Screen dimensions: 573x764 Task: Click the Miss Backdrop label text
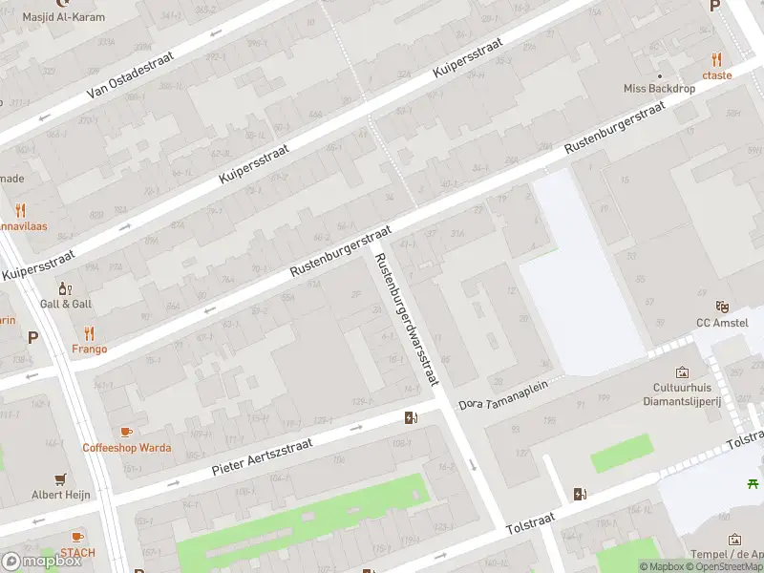point(659,88)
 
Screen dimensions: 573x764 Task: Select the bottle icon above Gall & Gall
point(65,287)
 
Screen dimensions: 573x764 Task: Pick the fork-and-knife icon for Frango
point(89,333)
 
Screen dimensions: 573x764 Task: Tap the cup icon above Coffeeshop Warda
point(126,432)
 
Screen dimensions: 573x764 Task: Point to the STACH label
point(77,552)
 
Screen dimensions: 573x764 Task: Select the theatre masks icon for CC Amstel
point(722,307)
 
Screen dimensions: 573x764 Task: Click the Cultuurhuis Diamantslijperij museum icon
point(682,372)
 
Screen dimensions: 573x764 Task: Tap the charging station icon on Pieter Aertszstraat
point(411,417)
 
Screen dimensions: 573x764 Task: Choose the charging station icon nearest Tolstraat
point(579,494)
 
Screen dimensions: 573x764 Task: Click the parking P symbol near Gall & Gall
point(33,337)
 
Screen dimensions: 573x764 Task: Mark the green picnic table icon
point(753,484)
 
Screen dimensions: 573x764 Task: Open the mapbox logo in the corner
point(42,562)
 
